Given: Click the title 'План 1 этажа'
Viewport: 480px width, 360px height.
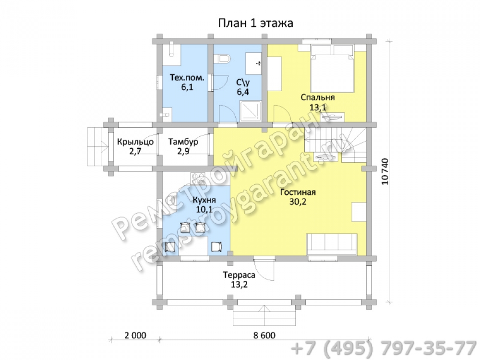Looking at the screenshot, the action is [255, 23].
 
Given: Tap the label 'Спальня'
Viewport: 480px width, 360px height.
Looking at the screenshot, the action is [318, 97].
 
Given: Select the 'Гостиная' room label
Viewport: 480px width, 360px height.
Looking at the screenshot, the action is [298, 192].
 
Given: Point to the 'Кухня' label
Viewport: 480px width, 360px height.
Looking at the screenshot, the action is [204, 200].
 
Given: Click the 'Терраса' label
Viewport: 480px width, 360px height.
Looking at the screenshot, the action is [239, 275].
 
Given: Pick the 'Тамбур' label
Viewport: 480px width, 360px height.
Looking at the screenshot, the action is [183, 142].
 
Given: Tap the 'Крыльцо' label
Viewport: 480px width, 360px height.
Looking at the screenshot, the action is [135, 142].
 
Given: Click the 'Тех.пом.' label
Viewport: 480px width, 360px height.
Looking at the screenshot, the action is [187, 78].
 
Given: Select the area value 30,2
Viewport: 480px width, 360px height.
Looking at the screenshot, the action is [298, 202].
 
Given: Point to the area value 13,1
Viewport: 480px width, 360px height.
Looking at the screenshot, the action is [318, 108].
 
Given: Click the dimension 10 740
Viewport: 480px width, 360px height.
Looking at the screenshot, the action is [385, 171].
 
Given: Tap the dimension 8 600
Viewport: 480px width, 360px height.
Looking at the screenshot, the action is [264, 335].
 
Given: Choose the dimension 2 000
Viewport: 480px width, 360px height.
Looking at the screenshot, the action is [135, 335].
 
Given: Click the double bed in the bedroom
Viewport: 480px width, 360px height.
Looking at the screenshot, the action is [333, 69].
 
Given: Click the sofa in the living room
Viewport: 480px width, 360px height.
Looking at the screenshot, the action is [332, 244].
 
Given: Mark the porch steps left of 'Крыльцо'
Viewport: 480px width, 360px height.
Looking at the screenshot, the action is [98, 146].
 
